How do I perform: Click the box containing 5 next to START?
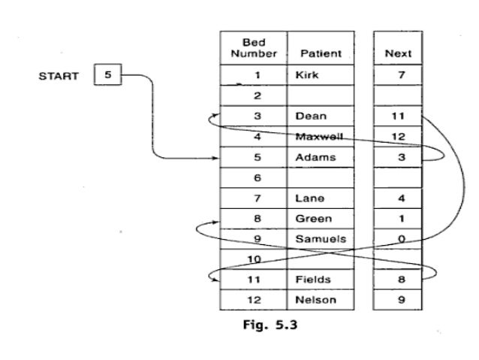click(x=107, y=76)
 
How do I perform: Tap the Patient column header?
click(x=321, y=53)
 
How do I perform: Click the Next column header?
click(x=398, y=53)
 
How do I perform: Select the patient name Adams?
click(x=311, y=157)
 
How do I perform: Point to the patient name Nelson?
click(x=315, y=300)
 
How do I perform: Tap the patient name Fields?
click(x=312, y=280)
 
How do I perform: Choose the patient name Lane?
click(x=308, y=198)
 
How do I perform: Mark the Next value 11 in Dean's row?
click(x=398, y=116)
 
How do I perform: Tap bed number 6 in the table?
click(x=256, y=178)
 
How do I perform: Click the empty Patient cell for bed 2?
click(x=321, y=96)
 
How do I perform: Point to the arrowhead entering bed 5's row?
click(x=215, y=158)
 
